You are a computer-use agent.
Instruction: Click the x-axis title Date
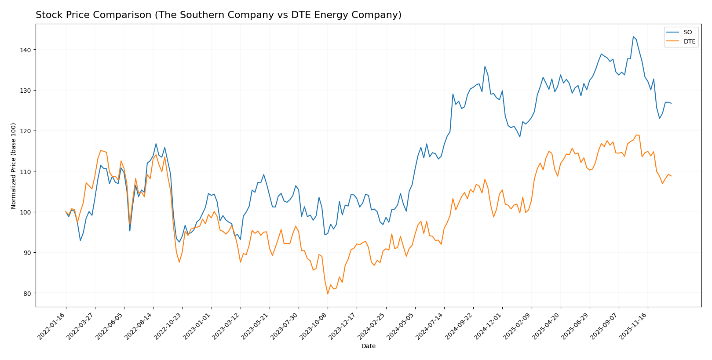(x=368, y=346)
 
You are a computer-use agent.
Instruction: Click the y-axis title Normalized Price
(x=14, y=166)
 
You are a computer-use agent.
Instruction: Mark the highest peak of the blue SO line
(x=633, y=36)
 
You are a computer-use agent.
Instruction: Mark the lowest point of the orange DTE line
(x=328, y=294)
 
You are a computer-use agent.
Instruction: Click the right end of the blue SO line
(x=671, y=103)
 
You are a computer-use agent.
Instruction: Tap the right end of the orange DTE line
(x=671, y=176)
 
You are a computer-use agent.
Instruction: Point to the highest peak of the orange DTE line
(x=636, y=135)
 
